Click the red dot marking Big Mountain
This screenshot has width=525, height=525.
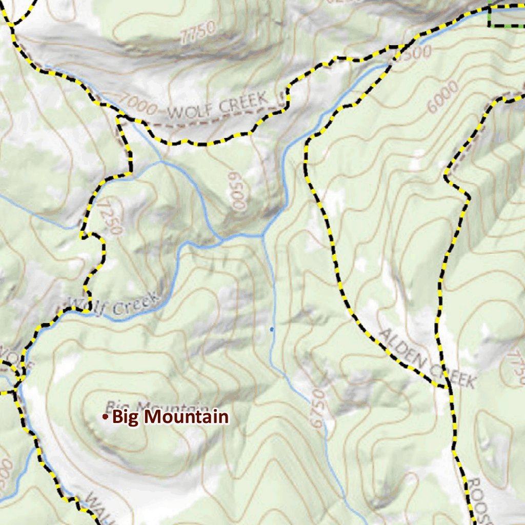point(105,417)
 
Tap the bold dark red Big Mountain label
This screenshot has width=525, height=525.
point(170,417)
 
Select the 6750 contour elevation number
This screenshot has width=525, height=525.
point(318,408)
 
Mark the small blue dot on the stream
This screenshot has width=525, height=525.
point(272,329)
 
